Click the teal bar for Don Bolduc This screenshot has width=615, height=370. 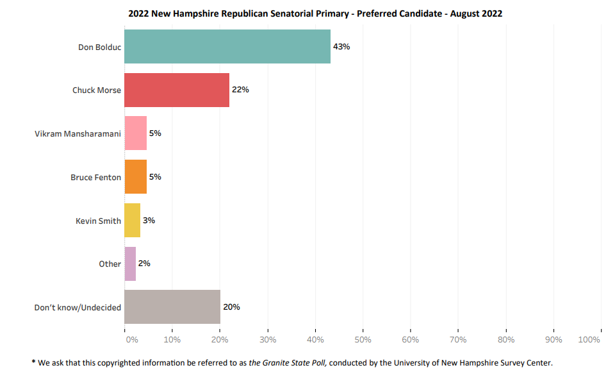[227, 46]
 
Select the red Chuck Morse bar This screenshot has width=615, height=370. [176, 90]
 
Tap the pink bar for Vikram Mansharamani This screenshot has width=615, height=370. [135, 133]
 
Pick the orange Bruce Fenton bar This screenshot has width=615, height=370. [135, 177]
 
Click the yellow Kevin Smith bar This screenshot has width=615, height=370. [132, 220]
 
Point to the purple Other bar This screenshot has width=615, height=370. [129, 264]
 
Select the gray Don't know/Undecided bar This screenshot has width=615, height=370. [172, 307]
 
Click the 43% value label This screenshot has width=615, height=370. [341, 46]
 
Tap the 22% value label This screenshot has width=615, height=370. [240, 90]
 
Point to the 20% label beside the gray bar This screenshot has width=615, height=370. [231, 307]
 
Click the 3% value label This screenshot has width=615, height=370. [149, 220]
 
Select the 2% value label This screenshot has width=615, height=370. [144, 264]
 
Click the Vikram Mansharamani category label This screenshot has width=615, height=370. [78, 134]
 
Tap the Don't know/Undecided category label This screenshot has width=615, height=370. [78, 308]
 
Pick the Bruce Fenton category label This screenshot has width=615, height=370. [95, 178]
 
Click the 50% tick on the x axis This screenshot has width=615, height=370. [363, 339]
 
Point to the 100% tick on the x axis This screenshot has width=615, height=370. [589, 339]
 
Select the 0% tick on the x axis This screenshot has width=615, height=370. [131, 339]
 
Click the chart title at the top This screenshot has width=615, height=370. [315, 13]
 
